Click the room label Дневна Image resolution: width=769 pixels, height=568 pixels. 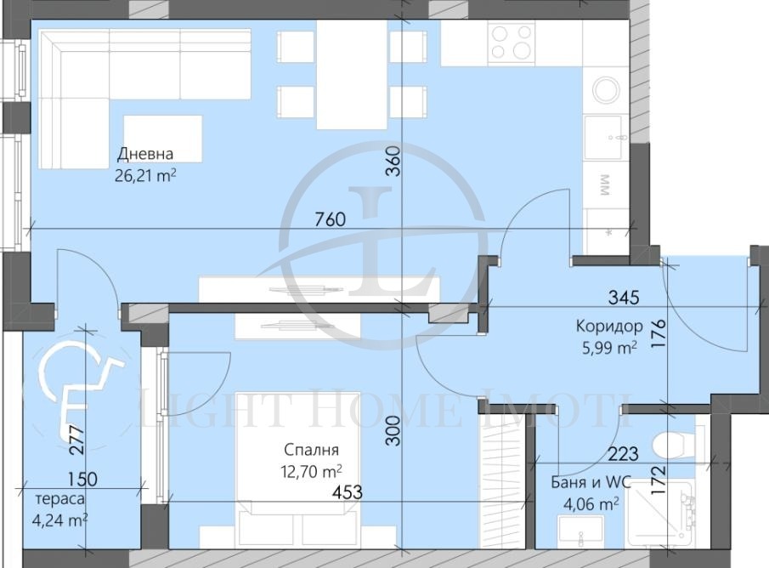click(145, 154)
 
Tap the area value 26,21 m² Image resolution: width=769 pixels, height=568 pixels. click(145, 175)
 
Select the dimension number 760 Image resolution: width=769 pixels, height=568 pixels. click(330, 219)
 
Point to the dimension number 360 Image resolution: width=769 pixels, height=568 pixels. click(393, 161)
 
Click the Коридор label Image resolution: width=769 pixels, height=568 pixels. click(609, 326)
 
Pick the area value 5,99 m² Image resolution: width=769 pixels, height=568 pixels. click(608, 348)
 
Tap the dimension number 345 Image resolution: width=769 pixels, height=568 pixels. click(624, 297)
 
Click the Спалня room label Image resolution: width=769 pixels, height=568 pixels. click(312, 450)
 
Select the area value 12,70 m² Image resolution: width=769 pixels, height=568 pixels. click(312, 471)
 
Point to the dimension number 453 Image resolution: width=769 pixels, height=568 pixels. click(348, 492)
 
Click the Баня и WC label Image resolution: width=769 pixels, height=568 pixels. click(591, 483)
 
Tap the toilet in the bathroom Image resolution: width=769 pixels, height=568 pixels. click(675, 445)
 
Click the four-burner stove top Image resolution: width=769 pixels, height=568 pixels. click(511, 42)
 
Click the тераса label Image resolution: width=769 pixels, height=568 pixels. click(59, 499)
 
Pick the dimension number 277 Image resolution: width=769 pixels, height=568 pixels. click(77, 440)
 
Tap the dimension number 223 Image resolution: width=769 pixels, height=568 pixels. click(624, 453)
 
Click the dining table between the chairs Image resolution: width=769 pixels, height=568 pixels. click(352, 75)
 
